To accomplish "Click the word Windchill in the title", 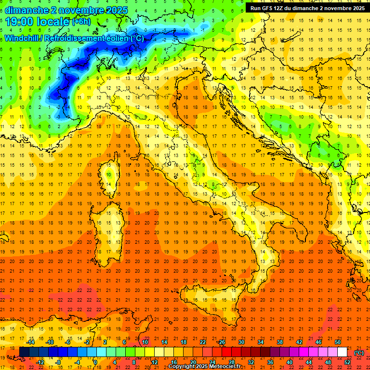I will coord(23,38).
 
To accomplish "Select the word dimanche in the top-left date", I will coord(25,10).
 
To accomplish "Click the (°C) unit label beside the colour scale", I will coord(359,352).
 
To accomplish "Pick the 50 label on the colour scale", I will coord(338,342).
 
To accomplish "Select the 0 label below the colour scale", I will coord(95,362).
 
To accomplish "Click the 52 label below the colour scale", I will coord(347,362).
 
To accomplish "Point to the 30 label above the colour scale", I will coord(241,342).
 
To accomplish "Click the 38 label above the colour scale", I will coord(279,342).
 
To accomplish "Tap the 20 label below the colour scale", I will coord(193,362).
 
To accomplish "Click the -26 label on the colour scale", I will coord(221,342).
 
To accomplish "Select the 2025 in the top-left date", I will coord(116,10).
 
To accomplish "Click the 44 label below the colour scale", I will coord(309,362).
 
